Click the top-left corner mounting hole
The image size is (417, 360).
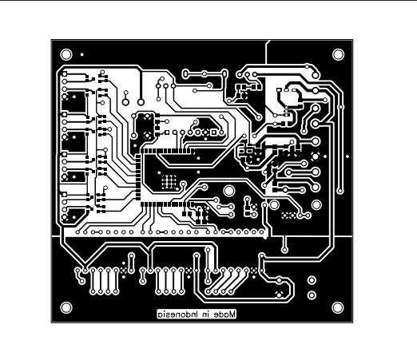66,54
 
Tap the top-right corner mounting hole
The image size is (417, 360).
338,54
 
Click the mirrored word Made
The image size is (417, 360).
224,315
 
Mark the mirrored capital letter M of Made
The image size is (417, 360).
232,315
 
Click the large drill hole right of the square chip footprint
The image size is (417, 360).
229,191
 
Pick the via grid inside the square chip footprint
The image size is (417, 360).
169,180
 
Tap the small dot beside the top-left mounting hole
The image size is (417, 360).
83,54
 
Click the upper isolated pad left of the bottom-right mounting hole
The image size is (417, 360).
311,280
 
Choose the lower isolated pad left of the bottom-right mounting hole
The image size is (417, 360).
311,293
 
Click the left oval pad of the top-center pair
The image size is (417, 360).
186,73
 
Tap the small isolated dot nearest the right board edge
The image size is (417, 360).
349,156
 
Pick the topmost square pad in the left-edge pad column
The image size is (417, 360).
62,77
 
